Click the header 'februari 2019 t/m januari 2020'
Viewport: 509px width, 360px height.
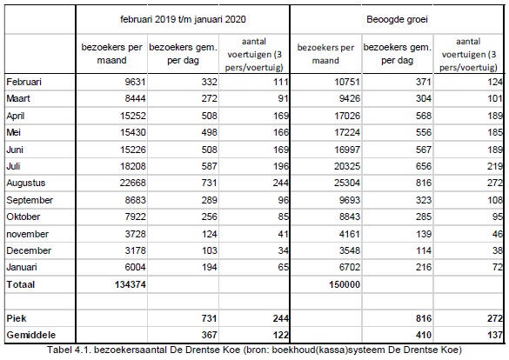[x=183, y=19]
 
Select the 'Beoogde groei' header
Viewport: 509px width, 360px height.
[x=397, y=19]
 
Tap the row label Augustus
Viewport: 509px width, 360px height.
[x=26, y=183]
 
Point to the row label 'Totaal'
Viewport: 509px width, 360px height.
[x=21, y=284]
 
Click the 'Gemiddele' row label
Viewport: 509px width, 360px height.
[x=31, y=335]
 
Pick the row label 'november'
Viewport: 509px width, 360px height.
[x=28, y=234]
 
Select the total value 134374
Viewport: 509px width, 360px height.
[x=131, y=284]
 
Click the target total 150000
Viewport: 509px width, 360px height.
[x=345, y=284]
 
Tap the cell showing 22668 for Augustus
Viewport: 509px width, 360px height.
[x=132, y=183]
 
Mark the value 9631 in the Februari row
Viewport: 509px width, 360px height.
[x=136, y=82]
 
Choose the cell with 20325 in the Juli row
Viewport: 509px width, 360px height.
[x=347, y=166]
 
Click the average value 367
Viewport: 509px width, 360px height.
[x=209, y=335]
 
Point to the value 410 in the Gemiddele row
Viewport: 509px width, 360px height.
[x=424, y=335]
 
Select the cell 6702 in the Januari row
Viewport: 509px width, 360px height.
[x=350, y=267]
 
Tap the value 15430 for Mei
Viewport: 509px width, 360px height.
[x=133, y=132]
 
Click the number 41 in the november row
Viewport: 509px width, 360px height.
[x=283, y=234]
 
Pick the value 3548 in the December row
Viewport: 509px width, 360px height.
[x=350, y=250]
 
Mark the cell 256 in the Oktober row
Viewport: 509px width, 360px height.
[x=209, y=217]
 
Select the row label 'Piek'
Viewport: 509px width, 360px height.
[x=17, y=318]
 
